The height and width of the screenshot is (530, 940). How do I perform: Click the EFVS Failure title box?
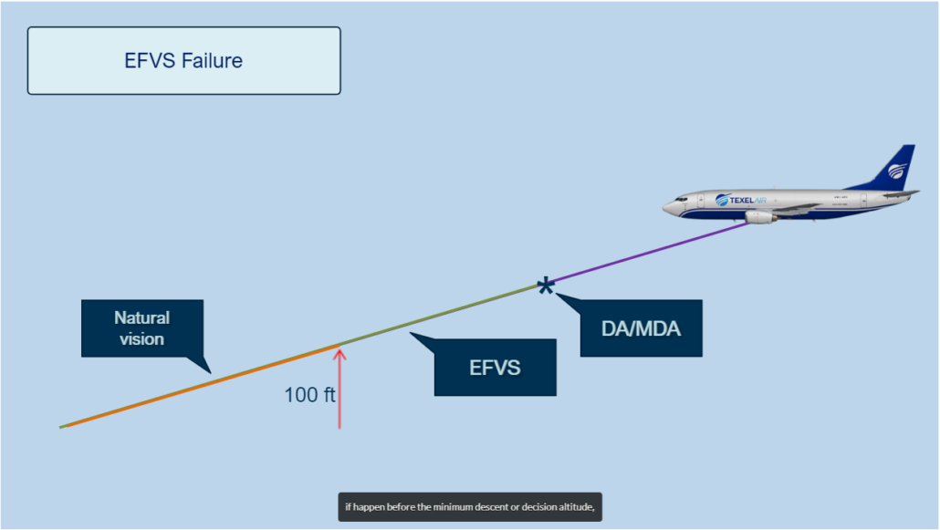pyautogui.click(x=183, y=61)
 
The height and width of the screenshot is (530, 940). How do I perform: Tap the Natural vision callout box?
pyautogui.click(x=141, y=328)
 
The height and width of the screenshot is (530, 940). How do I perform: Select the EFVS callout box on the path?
pyautogui.click(x=495, y=368)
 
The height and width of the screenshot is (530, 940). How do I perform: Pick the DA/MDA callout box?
pyautogui.click(x=641, y=328)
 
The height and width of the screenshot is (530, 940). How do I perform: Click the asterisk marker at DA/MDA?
pyautogui.click(x=546, y=287)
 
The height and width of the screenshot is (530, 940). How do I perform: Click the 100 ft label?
pyautogui.click(x=309, y=395)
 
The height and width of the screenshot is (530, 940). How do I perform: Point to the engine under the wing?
pyautogui.click(x=759, y=216)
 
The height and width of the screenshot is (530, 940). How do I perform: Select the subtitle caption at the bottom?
pyautogui.click(x=470, y=507)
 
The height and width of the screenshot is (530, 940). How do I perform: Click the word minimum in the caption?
pyautogui.click(x=460, y=507)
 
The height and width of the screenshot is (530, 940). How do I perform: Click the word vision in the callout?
pyautogui.click(x=141, y=338)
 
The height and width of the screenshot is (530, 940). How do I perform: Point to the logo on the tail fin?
pyautogui.click(x=898, y=170)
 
